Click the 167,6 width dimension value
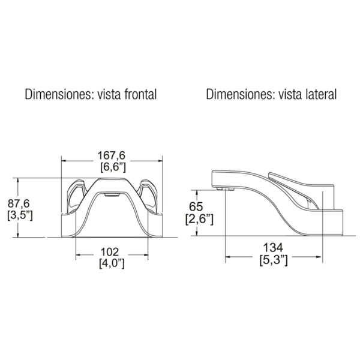112,155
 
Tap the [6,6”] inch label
113,167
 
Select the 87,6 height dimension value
19,203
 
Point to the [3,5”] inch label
20,215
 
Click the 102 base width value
110,252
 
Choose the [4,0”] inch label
112,263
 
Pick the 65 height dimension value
196,206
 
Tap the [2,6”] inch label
199,219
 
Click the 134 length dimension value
273,248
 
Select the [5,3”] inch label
274,260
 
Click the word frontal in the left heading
140,94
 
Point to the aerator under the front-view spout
112,195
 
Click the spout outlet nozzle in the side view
225,189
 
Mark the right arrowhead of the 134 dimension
319,257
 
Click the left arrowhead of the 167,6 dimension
65,161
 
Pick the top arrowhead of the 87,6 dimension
19,181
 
